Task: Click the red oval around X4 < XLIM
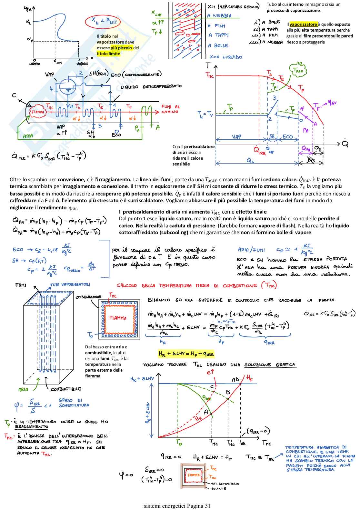point(103,22)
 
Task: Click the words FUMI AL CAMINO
point(171,109)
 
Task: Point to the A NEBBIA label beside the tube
point(219,15)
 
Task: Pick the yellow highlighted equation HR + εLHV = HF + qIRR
point(186,354)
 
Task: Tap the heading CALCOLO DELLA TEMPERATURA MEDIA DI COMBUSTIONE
point(196,285)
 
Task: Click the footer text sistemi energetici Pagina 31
point(177,505)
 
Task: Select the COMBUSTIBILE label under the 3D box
point(66,389)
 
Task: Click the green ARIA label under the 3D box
point(23,389)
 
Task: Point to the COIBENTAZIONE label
point(88,297)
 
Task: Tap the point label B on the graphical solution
point(228,392)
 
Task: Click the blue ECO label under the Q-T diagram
point(288,137)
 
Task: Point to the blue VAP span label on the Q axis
point(236,137)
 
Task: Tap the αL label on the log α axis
point(28,22)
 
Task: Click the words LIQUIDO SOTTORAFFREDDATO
point(151,86)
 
